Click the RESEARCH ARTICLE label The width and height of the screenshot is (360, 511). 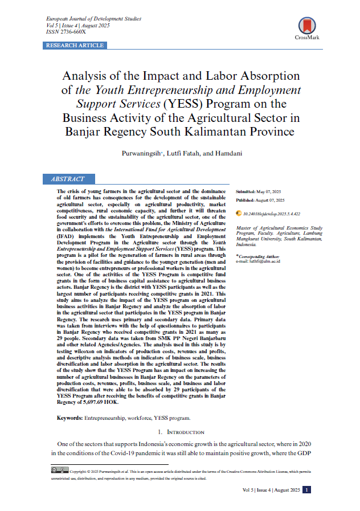click(75, 46)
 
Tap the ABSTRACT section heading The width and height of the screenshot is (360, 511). click(68, 179)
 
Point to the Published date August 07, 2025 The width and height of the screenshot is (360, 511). click(269, 201)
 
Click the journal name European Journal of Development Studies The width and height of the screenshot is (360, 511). click(93, 19)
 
